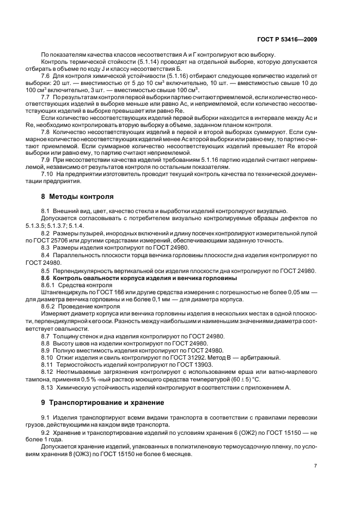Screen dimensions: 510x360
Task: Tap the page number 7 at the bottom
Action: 315,466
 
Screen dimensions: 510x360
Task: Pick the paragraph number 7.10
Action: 47,173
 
